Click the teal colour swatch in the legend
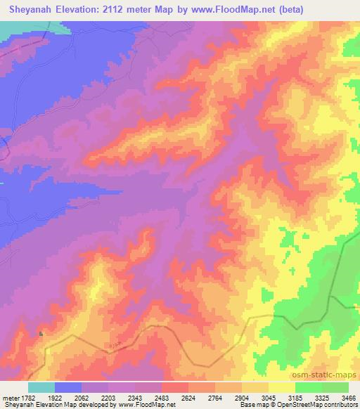pyautogui.click(x=41, y=387)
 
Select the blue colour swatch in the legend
pyautogui.click(x=68, y=387)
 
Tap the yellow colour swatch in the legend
pyautogui.click(x=281, y=387)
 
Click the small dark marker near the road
pyautogui.click(x=41, y=333)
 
